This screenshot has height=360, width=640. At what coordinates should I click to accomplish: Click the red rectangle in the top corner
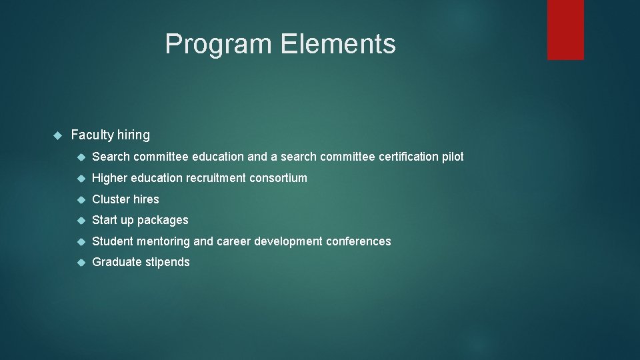click(x=565, y=29)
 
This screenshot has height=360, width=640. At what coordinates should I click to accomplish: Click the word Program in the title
click(x=219, y=44)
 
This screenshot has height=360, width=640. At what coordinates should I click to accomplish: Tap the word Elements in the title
click(x=338, y=44)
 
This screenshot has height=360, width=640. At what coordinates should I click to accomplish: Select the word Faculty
click(x=92, y=135)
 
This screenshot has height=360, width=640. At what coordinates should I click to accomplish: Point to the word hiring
click(x=133, y=135)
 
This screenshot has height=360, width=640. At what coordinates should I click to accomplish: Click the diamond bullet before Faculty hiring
click(x=57, y=135)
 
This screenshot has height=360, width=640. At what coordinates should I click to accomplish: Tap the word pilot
click(x=453, y=157)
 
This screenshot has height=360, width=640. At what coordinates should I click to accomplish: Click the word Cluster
click(x=111, y=199)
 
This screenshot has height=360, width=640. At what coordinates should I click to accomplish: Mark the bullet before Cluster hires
click(x=81, y=199)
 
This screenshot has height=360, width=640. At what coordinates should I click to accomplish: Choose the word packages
click(x=163, y=221)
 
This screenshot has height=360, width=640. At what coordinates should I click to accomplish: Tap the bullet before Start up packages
click(x=81, y=220)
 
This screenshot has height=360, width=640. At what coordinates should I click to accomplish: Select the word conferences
click(x=358, y=241)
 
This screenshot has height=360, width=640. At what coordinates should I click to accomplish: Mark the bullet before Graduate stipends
click(x=81, y=263)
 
